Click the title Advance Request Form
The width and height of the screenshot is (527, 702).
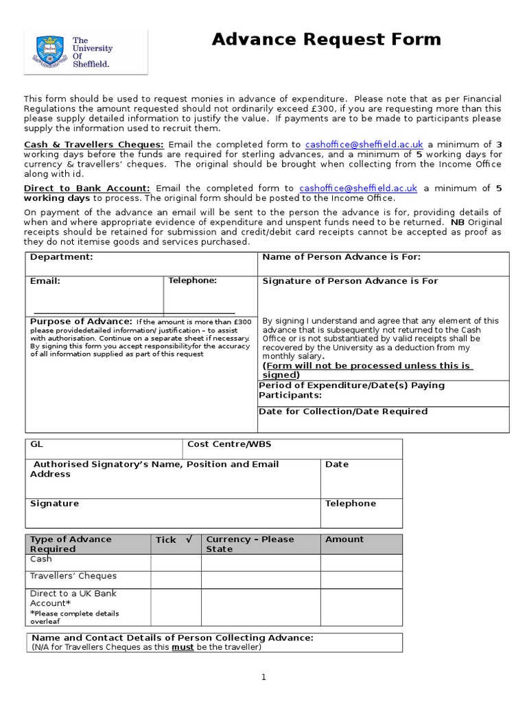(326, 40)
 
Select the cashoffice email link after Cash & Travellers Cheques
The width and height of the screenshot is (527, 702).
(364, 145)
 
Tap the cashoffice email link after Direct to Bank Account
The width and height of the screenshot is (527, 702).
(358, 189)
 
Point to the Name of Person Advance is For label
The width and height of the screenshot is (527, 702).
(342, 257)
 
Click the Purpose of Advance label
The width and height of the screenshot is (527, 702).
(81, 322)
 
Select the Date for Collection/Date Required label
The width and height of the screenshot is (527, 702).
(343, 412)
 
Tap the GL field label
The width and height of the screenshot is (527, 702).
(36, 444)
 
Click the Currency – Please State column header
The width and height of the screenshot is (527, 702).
(250, 544)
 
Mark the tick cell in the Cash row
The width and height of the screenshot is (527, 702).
(176, 563)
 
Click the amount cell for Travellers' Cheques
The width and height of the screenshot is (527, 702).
(361, 580)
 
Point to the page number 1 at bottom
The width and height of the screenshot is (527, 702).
(263, 677)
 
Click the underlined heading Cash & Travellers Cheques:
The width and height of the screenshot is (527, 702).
(94, 145)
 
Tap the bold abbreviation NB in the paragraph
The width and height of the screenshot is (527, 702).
(457, 223)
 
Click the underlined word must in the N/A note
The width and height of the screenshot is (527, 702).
(183, 647)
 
